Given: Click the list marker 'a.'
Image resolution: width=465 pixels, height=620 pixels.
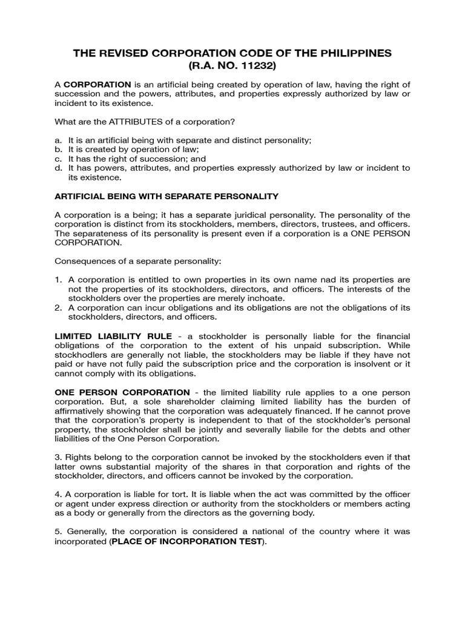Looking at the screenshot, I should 59,140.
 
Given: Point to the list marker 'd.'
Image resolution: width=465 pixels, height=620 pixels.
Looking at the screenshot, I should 59,168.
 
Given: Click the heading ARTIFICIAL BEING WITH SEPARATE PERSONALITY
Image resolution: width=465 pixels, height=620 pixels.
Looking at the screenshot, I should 167,196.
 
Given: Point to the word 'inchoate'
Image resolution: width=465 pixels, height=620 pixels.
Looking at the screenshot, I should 266,298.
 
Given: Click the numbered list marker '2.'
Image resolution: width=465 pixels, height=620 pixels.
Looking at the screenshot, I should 59,308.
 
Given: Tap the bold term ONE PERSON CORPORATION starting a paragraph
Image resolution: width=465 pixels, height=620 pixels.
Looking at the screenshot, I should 122,392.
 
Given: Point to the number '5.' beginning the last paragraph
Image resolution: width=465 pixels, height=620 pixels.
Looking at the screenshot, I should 59,532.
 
